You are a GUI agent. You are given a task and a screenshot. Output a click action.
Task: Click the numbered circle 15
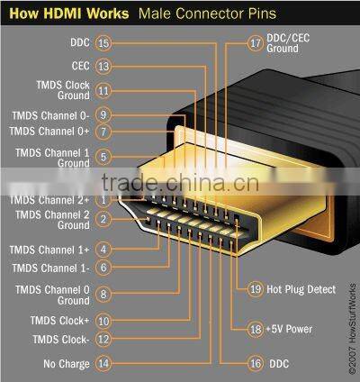pyautogui.click(x=103, y=42)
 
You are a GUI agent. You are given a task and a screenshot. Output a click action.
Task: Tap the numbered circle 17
pyautogui.click(x=255, y=42)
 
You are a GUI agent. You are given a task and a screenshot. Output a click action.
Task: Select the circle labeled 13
pyautogui.click(x=103, y=66)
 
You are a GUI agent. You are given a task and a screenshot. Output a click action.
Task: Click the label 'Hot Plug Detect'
pyautogui.click(x=301, y=289)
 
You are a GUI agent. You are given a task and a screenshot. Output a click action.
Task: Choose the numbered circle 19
pyautogui.click(x=255, y=289)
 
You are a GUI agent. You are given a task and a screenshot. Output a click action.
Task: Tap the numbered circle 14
pyautogui.click(x=103, y=364)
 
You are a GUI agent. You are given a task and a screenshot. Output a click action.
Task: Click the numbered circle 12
pyautogui.click(x=103, y=340)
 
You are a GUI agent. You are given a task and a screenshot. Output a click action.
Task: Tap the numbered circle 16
pyautogui.click(x=255, y=364)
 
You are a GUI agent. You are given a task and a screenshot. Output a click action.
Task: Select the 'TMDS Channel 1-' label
pyautogui.click(x=50, y=268)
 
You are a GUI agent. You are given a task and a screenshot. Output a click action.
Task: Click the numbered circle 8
pyautogui.click(x=103, y=293)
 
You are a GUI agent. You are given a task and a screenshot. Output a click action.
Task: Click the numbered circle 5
pyautogui.click(x=103, y=157)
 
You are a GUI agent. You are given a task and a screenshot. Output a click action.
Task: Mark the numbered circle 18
pyautogui.click(x=255, y=329)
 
